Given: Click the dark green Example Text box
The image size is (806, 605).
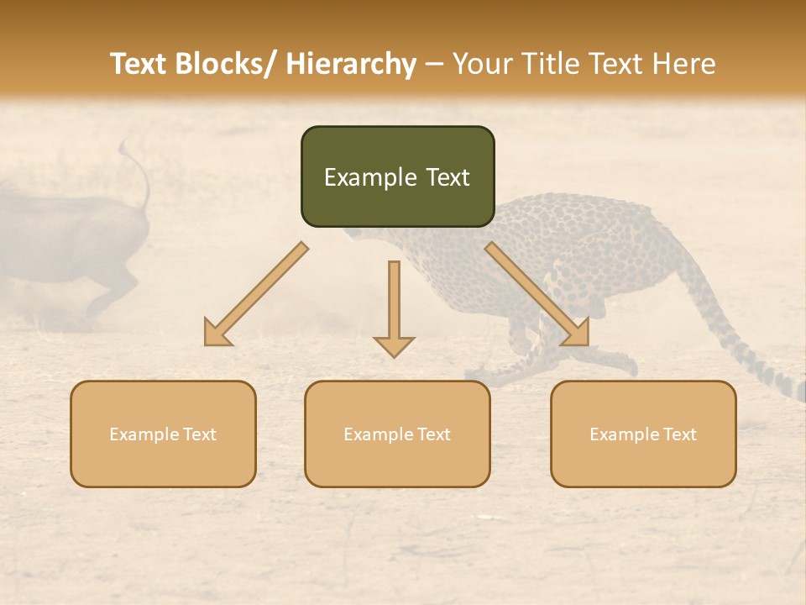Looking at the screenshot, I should [397, 176].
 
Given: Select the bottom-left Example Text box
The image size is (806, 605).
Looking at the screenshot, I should [163, 434].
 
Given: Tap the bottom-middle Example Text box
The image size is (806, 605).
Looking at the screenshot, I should [397, 434].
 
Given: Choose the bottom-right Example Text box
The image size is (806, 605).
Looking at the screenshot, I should [643, 434].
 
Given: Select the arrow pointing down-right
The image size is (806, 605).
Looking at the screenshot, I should [537, 294].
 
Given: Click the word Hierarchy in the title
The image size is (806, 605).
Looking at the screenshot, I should [350, 65].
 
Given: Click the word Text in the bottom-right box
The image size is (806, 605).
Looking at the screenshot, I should [679, 434].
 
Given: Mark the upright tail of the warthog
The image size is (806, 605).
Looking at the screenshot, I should [139, 172].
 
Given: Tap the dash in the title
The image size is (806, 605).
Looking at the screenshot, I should [434, 65].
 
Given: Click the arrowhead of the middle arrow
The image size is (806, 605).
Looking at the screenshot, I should [394, 346].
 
